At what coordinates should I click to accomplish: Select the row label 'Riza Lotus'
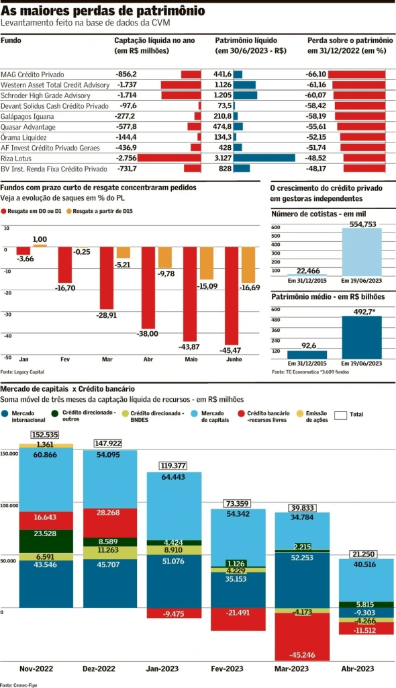tap(18, 158)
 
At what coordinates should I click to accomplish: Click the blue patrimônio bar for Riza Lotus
tap(264, 158)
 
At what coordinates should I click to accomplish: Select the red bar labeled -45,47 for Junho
tap(232, 296)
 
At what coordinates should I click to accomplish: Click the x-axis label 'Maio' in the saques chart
tap(191, 359)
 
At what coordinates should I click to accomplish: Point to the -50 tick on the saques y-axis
tap(7, 357)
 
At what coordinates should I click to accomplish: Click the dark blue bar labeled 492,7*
tap(362, 338)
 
